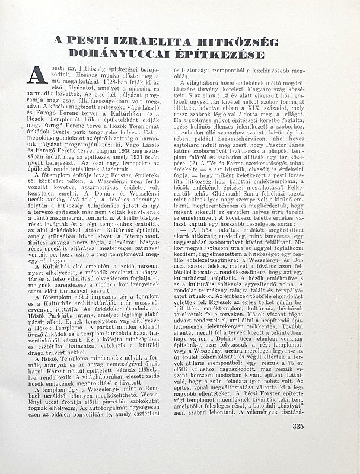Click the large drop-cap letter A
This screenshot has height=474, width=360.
(37, 75)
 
